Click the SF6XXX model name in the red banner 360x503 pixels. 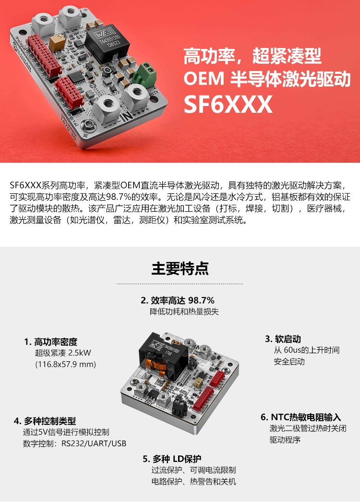coord(228,104)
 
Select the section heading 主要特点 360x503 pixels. coord(180,268)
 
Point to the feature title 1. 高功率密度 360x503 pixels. coord(51,342)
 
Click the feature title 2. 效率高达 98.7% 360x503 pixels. coord(178,300)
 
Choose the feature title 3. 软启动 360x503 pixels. coord(283,339)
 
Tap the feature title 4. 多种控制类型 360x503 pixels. coord(45,421)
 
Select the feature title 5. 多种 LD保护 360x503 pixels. coord(172,459)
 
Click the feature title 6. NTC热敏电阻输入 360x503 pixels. coord(300,417)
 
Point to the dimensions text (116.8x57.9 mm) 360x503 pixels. coord(65,364)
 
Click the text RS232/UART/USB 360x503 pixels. coord(94,443)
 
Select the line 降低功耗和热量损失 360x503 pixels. coord(184,311)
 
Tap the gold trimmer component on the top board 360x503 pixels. coord(57,43)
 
